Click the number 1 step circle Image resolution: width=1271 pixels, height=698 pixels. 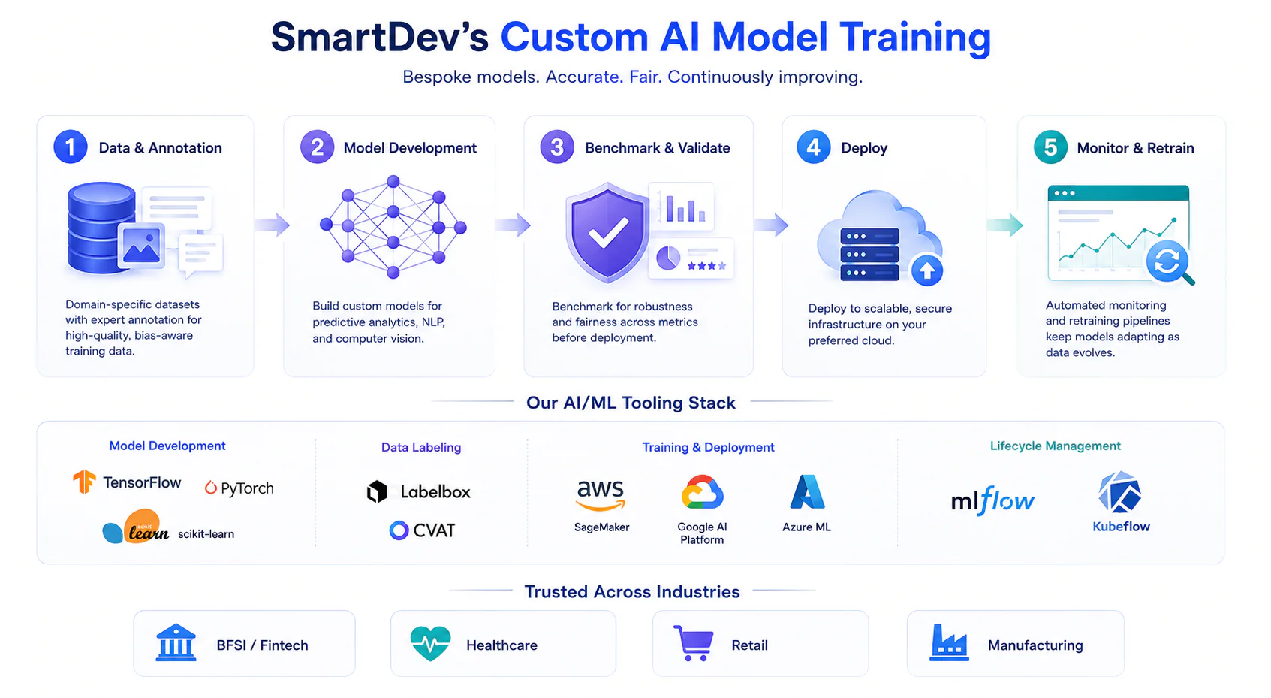(71, 147)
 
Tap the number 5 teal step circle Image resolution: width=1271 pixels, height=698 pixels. (1050, 147)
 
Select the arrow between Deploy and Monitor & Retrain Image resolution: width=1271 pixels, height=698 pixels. (1005, 225)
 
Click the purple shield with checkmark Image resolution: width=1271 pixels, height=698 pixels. (607, 232)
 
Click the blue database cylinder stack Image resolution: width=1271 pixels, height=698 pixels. (102, 228)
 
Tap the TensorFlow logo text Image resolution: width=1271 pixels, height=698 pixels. (142, 483)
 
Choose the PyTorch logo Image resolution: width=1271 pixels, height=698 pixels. (239, 488)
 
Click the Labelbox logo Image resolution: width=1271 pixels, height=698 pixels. (419, 491)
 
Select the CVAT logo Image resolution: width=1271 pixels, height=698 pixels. (422, 530)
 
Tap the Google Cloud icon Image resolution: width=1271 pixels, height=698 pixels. (703, 492)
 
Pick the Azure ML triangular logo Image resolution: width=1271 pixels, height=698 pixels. (807, 491)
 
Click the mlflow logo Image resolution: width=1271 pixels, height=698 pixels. (993, 500)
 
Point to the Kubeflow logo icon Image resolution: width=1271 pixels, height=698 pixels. (1119, 492)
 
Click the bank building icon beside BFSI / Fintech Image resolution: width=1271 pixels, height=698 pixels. (176, 642)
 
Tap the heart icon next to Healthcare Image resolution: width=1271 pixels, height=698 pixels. (431, 643)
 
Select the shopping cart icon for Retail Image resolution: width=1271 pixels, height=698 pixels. (694, 643)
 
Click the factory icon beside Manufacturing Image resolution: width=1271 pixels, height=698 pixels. (949, 643)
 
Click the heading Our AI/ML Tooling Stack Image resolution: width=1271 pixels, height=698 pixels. (631, 403)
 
